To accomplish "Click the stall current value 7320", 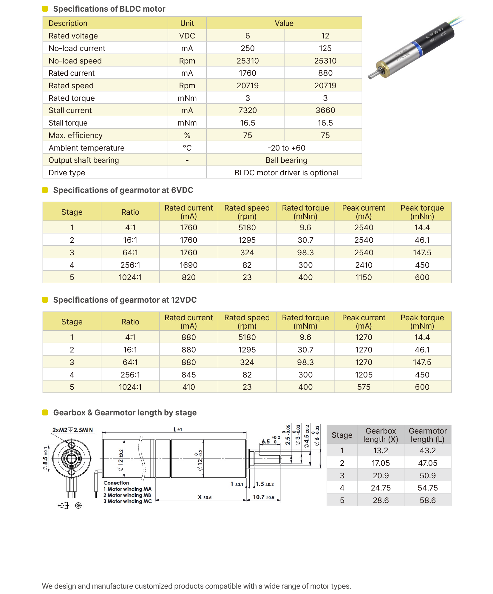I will [x=248, y=110].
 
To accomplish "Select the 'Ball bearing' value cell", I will [x=286, y=160].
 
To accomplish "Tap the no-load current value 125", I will [x=325, y=48].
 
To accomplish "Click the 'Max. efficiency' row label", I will [x=75, y=135].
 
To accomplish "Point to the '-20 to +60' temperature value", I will [x=286, y=148].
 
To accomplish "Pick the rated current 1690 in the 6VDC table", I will [x=188, y=265].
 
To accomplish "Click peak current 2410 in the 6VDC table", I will [x=364, y=265].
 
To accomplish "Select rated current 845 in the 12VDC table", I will [x=188, y=375].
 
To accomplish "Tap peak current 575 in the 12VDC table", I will [x=364, y=387].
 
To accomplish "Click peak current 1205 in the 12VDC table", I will [x=364, y=375].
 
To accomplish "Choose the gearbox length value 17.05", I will [x=381, y=463].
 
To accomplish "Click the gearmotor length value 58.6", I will [x=427, y=500].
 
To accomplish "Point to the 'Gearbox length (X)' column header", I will [x=381, y=435].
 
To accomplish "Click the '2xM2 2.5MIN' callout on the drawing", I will [x=72, y=430].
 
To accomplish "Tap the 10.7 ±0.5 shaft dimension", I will [x=263, y=497].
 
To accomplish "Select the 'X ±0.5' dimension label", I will [x=205, y=497].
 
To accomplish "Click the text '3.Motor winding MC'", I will [x=128, y=501].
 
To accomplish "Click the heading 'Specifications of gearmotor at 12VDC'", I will [x=125, y=300].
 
